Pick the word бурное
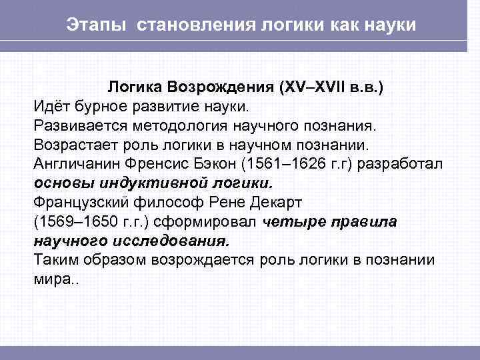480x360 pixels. click(x=99, y=106)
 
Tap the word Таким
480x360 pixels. click(x=54, y=260)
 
